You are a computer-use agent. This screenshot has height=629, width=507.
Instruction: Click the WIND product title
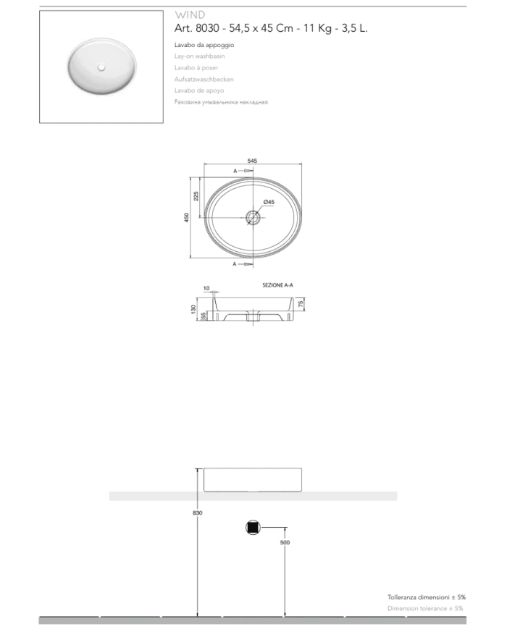click(190, 15)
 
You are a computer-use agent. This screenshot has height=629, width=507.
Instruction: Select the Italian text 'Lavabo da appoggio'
click(204, 45)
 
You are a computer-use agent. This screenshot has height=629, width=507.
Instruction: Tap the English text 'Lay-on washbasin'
click(199, 56)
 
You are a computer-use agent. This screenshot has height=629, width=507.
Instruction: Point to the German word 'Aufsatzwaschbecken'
click(204, 79)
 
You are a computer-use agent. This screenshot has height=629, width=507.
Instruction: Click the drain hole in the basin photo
click(101, 67)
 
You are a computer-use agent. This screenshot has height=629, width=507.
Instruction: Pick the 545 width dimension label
click(252, 161)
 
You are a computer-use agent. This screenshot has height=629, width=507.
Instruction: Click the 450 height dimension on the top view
click(187, 217)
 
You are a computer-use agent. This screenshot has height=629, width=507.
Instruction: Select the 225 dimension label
click(196, 196)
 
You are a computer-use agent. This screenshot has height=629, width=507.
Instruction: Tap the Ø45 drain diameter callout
click(269, 202)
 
